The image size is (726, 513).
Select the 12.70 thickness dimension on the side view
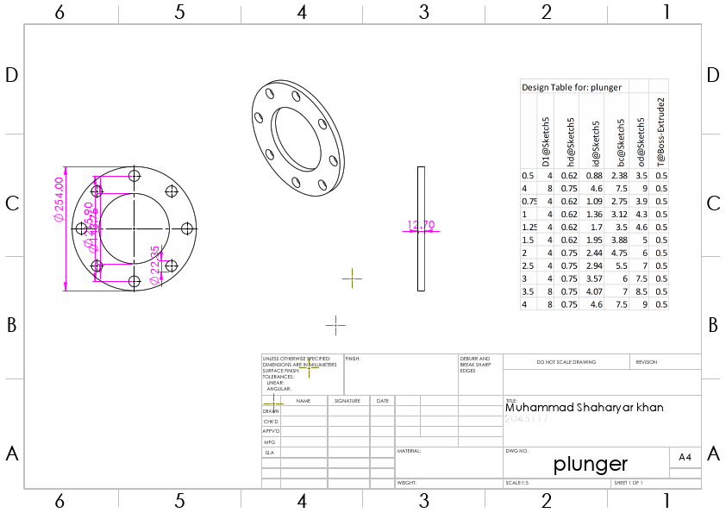click(x=420, y=226)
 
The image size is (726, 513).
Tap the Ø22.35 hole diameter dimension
click(x=155, y=265)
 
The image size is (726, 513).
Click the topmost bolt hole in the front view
click(x=134, y=176)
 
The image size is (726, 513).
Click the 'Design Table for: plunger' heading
click(x=572, y=87)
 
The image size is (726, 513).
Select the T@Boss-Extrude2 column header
click(x=661, y=130)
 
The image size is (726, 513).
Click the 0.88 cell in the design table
click(x=594, y=175)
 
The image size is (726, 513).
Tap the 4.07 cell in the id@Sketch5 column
click(x=594, y=291)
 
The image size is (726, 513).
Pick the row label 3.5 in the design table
click(x=528, y=291)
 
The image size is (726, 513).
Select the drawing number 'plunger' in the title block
click(x=591, y=464)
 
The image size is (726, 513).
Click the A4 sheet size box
click(x=685, y=457)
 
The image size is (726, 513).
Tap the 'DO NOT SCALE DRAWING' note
click(x=566, y=362)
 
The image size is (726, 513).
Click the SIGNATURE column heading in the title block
click(x=347, y=401)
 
